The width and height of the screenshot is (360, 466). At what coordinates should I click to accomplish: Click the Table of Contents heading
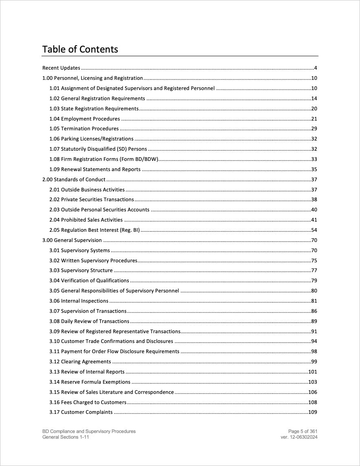point(80,49)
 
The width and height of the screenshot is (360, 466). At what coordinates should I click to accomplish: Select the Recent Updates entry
point(61,68)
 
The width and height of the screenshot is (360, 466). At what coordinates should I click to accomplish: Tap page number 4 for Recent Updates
point(315,68)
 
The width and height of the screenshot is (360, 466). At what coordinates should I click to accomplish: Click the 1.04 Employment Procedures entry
point(85,119)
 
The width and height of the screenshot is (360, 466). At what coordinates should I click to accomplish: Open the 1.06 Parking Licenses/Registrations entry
point(91,139)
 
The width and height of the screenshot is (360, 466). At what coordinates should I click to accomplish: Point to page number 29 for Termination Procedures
point(314,129)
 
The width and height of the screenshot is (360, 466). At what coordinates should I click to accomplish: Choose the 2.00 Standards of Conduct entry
point(74,179)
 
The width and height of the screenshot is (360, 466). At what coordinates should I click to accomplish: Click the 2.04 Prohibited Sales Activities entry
point(86,220)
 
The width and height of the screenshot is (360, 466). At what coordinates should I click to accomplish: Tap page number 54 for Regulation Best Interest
point(314,230)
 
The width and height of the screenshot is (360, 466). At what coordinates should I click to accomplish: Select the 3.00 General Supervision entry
point(72,240)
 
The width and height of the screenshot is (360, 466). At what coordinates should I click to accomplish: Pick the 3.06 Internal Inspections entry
point(79,301)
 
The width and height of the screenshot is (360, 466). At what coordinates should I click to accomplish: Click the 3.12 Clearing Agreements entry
point(80,362)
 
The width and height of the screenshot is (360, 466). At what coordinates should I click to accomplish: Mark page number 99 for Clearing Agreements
point(314,362)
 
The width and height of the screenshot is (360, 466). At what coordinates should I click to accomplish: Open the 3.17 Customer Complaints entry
point(81,412)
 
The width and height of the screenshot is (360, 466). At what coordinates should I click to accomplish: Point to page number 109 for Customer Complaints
point(312,412)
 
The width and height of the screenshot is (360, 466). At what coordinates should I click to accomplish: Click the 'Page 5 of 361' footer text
point(303,431)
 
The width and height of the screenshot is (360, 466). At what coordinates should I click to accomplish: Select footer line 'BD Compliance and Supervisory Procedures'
point(89,431)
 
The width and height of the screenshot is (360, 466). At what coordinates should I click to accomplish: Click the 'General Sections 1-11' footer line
point(66,437)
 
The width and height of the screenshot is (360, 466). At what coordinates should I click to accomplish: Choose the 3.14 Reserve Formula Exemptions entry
point(90,382)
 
